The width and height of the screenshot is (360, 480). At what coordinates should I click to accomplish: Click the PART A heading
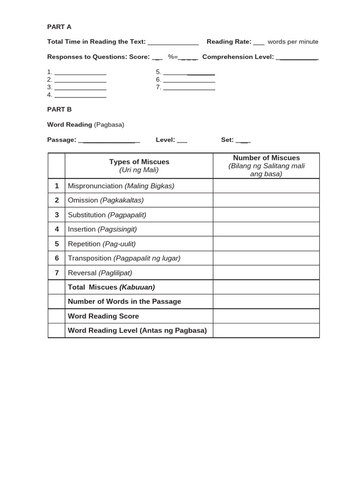click(59, 27)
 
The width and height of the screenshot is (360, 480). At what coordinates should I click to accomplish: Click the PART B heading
click(59, 109)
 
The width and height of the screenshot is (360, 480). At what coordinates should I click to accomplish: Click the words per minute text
click(292, 42)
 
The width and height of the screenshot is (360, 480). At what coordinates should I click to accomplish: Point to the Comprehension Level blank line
click(298, 58)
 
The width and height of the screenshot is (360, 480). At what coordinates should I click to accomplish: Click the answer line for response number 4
click(80, 96)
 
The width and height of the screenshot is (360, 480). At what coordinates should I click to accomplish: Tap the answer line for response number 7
click(189, 89)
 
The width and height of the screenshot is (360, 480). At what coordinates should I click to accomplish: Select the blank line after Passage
click(109, 141)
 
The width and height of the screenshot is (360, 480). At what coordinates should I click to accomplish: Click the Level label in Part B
click(165, 140)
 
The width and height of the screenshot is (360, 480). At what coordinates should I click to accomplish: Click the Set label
click(227, 140)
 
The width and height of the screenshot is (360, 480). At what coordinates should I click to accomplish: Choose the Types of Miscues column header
click(139, 165)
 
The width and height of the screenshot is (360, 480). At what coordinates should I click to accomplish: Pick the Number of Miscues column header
click(266, 165)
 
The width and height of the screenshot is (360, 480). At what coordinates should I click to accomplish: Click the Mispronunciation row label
click(121, 186)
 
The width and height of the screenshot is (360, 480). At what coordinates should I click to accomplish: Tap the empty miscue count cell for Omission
click(266, 200)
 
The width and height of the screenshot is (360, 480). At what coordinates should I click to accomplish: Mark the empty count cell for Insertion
click(266, 229)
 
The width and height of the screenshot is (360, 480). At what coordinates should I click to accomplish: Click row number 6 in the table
click(57, 258)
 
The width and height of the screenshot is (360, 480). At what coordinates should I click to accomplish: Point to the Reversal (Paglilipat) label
click(100, 273)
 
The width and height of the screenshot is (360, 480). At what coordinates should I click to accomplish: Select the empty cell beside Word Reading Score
click(266, 316)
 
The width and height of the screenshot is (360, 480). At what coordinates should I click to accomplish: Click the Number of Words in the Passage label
click(124, 301)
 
